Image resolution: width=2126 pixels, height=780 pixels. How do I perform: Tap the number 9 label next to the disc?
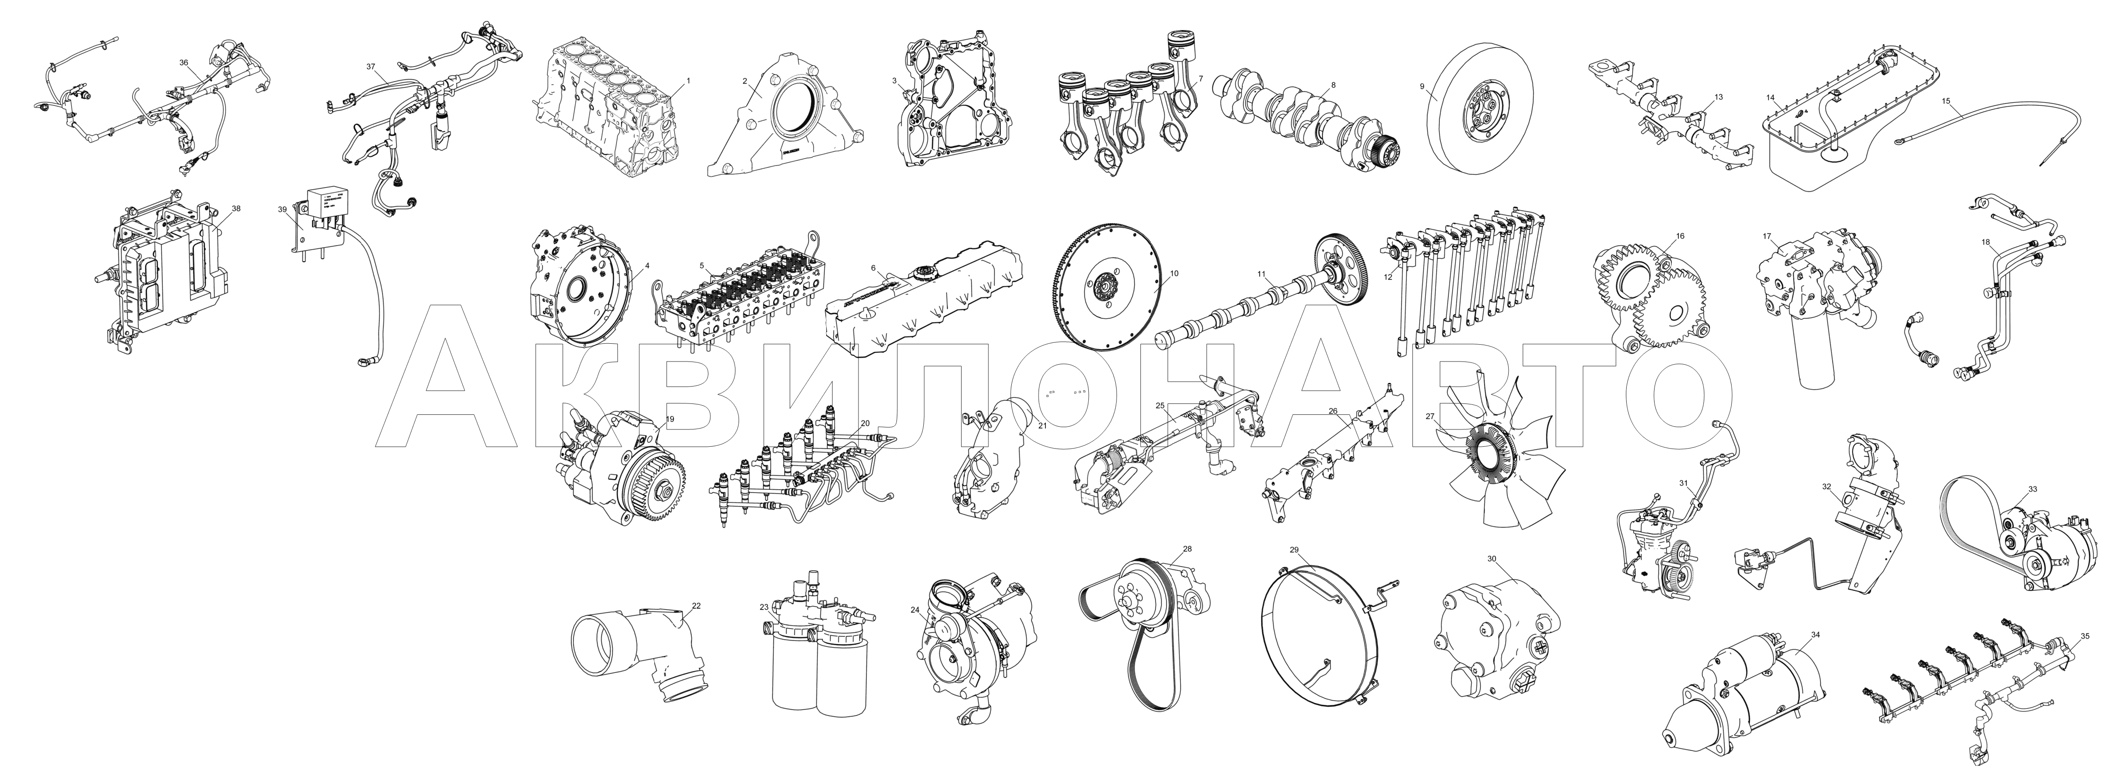click(x=1422, y=86)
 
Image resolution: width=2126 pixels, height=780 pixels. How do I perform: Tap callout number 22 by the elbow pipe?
click(x=696, y=606)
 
